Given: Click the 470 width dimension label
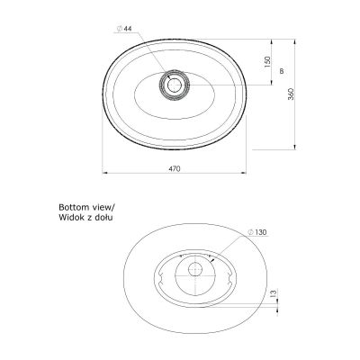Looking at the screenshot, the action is (x=175, y=168).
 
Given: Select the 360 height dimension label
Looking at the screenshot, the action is (x=291, y=94).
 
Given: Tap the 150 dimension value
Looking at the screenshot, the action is (x=267, y=62).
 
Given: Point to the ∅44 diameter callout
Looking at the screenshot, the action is (x=124, y=29).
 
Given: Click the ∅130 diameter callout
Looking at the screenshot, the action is (x=257, y=232).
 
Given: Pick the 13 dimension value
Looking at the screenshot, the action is (x=274, y=293).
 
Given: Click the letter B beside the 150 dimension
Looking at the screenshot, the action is (x=282, y=71).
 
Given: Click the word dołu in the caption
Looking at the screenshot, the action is (x=104, y=217).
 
